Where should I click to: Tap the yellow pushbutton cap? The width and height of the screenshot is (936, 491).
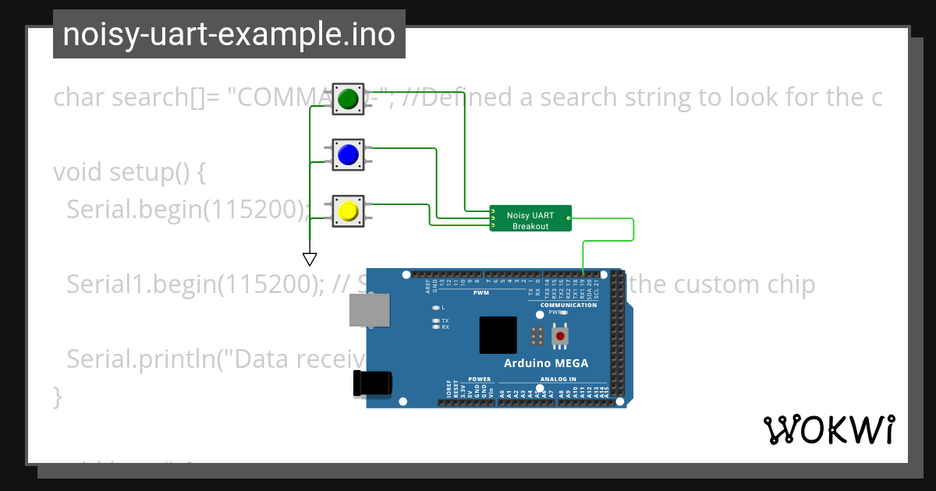pos(348,211)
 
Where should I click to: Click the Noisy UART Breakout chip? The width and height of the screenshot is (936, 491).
pos(530,218)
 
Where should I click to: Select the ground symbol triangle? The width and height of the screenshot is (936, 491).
pos(310,259)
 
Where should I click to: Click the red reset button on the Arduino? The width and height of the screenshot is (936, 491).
pos(559,336)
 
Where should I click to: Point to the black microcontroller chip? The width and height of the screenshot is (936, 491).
pos(498,336)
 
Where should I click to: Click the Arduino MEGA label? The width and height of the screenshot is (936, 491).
pos(546,363)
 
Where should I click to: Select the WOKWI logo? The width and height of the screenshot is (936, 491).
pos(828,429)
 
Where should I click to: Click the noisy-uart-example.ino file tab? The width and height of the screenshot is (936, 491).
pos(229,34)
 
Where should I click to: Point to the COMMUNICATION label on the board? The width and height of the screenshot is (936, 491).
pos(568,305)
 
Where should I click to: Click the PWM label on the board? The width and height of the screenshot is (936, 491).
pos(480,294)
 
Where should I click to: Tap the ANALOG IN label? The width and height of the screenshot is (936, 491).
pos(558,380)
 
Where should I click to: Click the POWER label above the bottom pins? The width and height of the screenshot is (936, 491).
pos(480,380)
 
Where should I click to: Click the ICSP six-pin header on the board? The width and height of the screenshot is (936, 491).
pos(537,336)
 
